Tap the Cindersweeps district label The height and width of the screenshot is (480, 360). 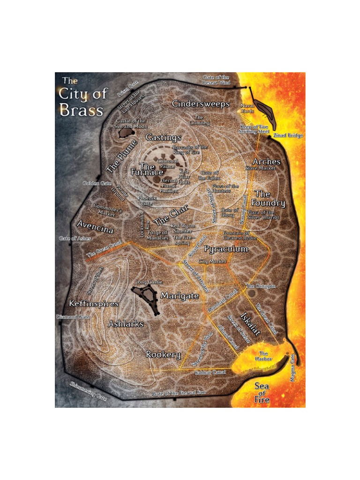201,104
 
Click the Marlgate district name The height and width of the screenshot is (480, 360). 180,296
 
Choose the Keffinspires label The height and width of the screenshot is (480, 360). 93,303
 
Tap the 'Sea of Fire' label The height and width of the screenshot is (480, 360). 262,393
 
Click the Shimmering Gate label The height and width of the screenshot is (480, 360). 88,391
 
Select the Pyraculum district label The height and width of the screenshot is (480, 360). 226,249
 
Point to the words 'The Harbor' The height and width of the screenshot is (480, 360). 263,356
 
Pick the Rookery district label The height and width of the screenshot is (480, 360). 163,354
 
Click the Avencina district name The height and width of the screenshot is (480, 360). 95,230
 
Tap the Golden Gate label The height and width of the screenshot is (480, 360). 97,183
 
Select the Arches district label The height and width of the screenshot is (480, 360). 266,162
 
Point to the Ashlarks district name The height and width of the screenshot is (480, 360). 126,324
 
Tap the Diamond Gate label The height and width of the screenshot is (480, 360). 73,317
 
